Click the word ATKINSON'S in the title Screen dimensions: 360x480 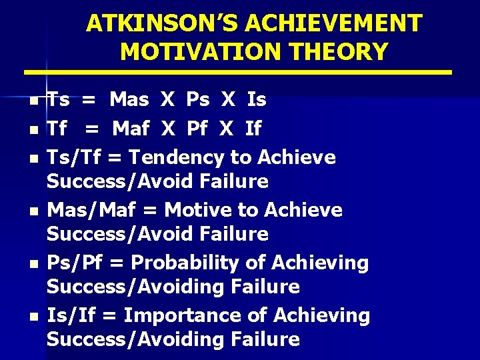pos(163,23)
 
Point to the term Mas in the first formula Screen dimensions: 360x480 pos(129,100)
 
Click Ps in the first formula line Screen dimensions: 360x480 pos(197,100)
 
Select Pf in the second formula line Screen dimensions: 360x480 pos(197,128)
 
